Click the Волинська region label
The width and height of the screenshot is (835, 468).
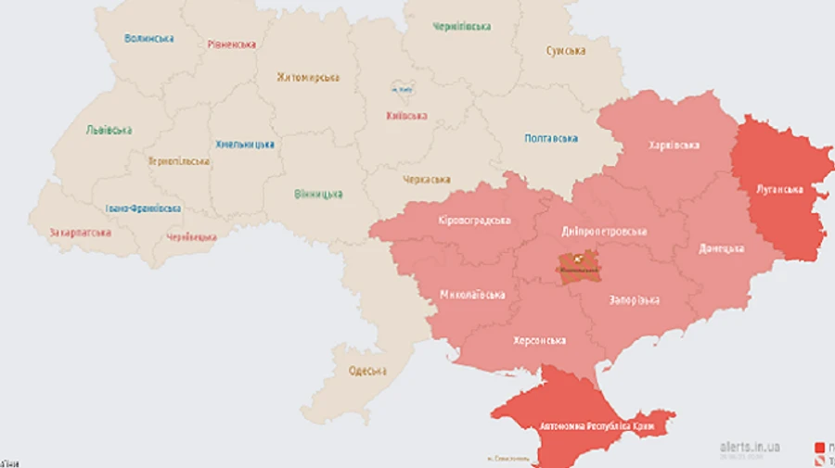click(x=148, y=38)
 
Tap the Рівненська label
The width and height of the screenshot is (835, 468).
click(x=232, y=44)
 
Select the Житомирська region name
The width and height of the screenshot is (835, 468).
click(x=308, y=77)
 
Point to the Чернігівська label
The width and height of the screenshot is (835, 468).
click(x=461, y=26)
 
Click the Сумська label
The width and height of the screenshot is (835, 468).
click(x=566, y=50)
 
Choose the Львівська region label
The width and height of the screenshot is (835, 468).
click(x=109, y=130)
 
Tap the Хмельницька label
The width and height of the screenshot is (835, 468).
click(x=245, y=144)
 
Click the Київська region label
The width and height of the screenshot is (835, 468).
click(x=406, y=116)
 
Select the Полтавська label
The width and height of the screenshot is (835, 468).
click(x=551, y=138)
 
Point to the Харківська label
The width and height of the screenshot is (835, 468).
click(x=674, y=145)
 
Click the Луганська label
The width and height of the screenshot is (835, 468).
click(x=778, y=189)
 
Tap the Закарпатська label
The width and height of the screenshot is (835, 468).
click(x=81, y=232)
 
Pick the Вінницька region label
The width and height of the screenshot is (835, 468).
click(x=318, y=194)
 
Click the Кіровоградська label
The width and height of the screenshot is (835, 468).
click(x=474, y=221)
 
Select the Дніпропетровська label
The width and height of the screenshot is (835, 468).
click(x=604, y=231)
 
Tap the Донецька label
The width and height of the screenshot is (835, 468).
click(x=722, y=248)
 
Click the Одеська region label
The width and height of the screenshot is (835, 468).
click(x=367, y=371)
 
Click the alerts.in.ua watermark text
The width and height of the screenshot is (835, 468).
click(x=750, y=447)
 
